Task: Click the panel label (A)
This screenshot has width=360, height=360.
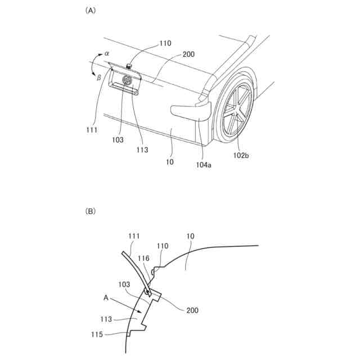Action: tap(89, 10)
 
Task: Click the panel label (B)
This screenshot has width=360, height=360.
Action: tap(89, 211)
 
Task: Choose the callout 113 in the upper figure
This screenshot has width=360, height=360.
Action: tap(142, 150)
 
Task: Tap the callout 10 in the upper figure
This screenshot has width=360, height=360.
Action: tap(170, 162)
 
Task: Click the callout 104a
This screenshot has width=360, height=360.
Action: tap(204, 165)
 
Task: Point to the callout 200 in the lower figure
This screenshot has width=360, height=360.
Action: tap(191, 310)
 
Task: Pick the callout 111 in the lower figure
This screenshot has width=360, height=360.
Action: tap(134, 236)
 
